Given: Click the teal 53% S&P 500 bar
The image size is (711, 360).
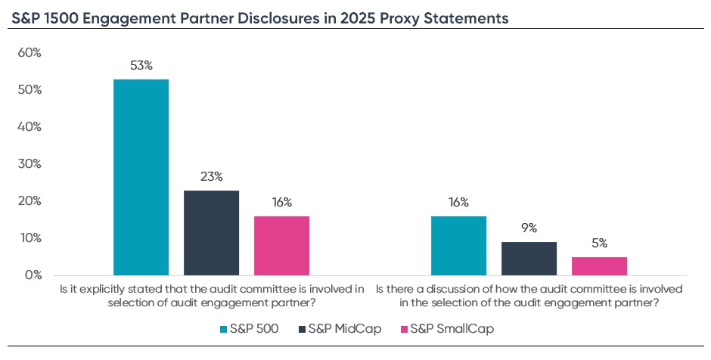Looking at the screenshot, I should click(x=141, y=177).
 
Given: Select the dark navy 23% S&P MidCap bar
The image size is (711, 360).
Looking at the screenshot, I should click(x=211, y=232).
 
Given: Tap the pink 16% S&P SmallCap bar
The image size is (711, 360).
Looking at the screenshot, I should click(x=281, y=245).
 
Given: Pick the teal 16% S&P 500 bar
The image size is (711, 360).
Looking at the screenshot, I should click(x=458, y=245).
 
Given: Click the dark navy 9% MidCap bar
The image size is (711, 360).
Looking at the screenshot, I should click(x=529, y=258).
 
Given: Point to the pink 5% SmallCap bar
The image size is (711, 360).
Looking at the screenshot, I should click(x=599, y=265).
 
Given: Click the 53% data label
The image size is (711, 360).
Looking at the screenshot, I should click(x=141, y=66).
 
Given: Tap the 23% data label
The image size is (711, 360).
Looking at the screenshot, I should click(x=211, y=177).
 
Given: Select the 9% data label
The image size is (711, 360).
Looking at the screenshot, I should click(x=529, y=228).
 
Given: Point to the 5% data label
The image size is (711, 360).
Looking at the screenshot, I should click(x=599, y=244).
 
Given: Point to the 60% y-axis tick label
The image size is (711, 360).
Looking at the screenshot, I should click(x=29, y=53).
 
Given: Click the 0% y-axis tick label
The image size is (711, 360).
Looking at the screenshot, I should click(x=33, y=275).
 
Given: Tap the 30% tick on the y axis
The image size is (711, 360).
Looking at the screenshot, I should click(x=29, y=164).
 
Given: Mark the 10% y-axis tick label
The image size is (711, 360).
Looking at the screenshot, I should click(x=29, y=238).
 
